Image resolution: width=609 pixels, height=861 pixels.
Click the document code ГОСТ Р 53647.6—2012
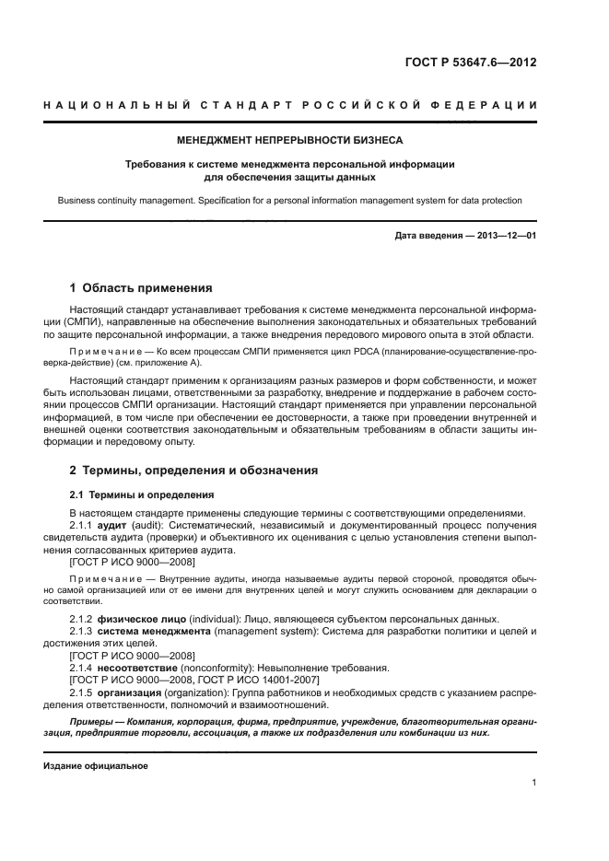click(470, 64)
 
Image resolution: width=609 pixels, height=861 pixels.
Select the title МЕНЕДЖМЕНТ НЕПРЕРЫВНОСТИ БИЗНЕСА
click(290, 141)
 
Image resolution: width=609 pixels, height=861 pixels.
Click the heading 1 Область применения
click(141, 287)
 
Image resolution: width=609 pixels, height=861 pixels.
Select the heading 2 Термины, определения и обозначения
click(194, 471)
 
